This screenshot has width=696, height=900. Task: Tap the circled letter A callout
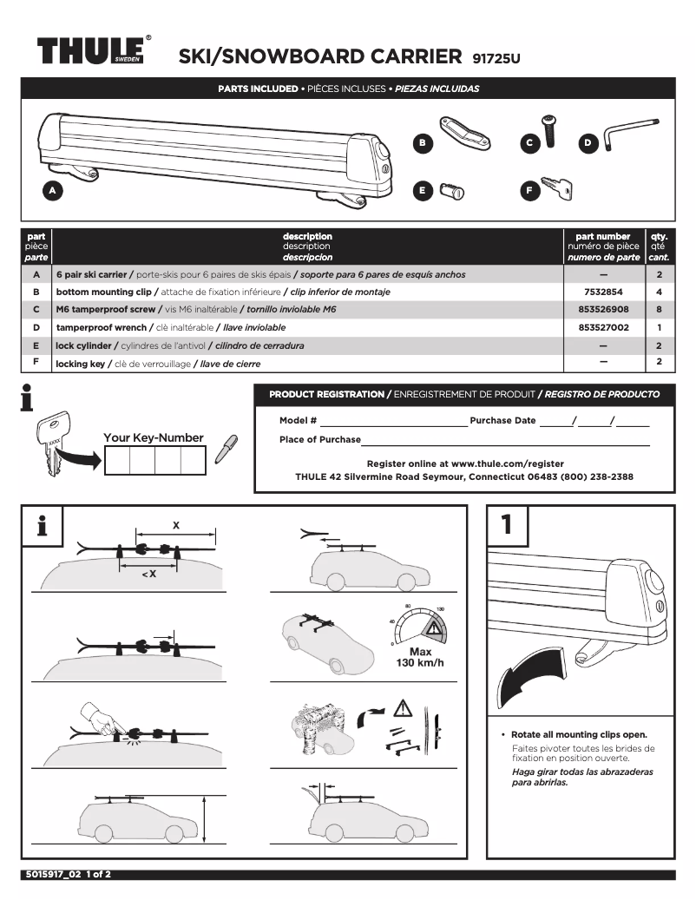click(52, 189)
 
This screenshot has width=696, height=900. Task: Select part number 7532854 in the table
click(603, 292)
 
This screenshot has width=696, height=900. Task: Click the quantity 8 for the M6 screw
click(660, 310)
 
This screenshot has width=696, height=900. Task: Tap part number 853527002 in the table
click(603, 328)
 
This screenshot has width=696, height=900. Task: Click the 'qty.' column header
click(660, 236)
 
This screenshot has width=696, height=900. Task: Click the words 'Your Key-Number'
click(154, 437)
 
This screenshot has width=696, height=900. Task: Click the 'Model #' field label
click(298, 420)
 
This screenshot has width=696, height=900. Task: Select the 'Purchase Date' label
click(502, 420)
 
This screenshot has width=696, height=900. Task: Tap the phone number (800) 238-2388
click(597, 476)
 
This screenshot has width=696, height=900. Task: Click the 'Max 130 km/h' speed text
click(420, 657)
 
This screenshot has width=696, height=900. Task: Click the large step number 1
click(506, 524)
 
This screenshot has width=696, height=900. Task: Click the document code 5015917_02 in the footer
click(52, 874)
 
